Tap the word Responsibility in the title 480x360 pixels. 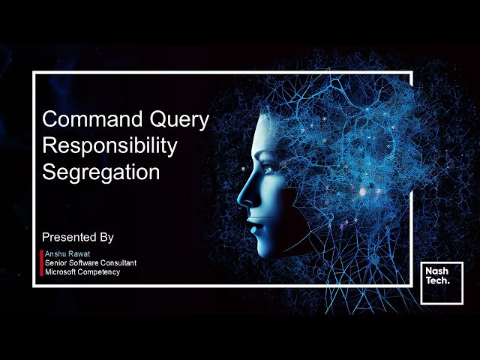coord(109,145)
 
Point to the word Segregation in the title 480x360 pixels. coord(100,172)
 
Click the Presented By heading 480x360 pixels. coord(78,237)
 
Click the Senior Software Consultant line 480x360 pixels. coord(90,262)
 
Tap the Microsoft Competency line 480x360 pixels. coord(82,271)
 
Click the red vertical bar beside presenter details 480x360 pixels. coord(41,262)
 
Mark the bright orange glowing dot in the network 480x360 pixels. coord(362,192)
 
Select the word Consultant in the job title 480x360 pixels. coord(118,262)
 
